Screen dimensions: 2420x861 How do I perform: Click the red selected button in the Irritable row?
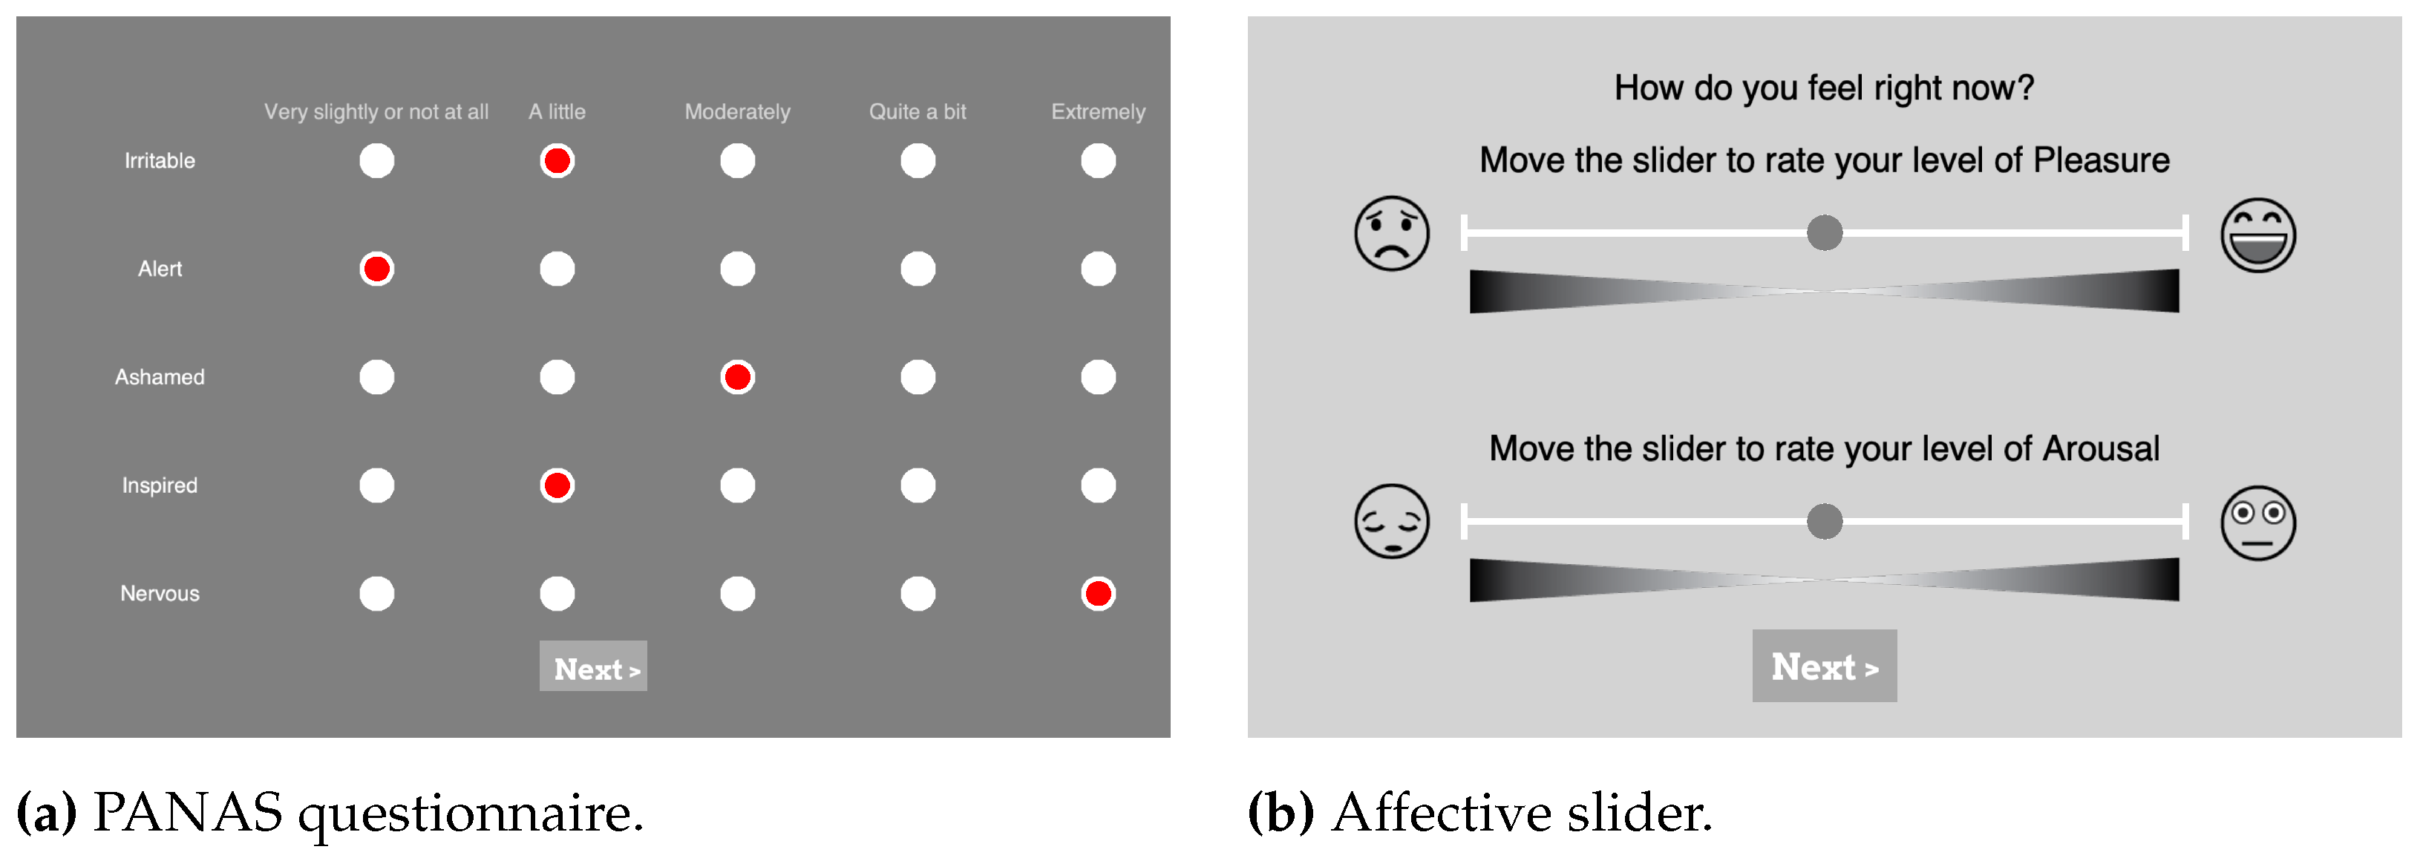click(x=557, y=160)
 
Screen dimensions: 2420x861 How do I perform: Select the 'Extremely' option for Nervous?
click(x=1097, y=593)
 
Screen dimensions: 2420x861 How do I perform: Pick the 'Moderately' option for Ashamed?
click(x=737, y=378)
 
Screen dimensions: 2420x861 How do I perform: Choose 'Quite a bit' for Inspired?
click(x=918, y=485)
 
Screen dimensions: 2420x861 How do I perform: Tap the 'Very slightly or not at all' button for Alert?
click(x=376, y=269)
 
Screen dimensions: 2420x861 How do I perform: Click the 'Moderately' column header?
click(x=737, y=112)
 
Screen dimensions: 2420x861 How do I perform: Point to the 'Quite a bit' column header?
click(x=917, y=112)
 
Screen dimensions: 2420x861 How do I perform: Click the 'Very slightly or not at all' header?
click(x=376, y=112)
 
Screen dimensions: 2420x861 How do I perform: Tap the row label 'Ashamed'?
click(x=160, y=378)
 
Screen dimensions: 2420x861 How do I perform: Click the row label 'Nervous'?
click(x=160, y=593)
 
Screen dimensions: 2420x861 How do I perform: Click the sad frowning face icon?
click(x=1391, y=234)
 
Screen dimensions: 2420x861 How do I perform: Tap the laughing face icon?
click(x=2257, y=235)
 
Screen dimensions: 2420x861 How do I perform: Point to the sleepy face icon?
click(x=1391, y=522)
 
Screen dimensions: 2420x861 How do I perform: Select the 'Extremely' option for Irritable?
click(x=1097, y=160)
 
